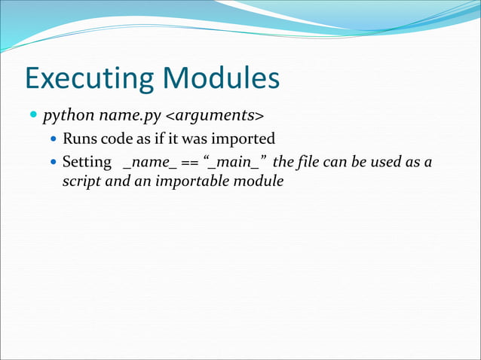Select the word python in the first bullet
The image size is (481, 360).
(x=64, y=117)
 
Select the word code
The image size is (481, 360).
(x=115, y=139)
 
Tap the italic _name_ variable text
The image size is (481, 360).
(x=149, y=162)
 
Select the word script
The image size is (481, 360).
(x=81, y=182)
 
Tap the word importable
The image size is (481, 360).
(x=188, y=182)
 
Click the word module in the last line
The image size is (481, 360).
(x=259, y=182)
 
